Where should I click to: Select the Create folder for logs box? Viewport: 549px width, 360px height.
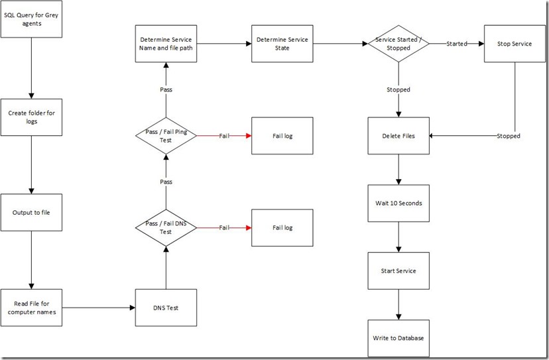coord(31,117)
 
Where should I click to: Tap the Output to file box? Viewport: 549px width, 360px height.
coord(31,212)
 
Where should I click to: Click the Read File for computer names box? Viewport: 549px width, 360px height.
coord(31,308)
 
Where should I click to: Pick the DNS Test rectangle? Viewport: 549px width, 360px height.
coord(166,308)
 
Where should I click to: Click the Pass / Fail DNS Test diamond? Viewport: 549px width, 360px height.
coord(166,227)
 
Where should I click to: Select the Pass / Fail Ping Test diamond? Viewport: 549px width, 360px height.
coord(166,136)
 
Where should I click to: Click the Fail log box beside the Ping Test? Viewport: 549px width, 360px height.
coord(282,136)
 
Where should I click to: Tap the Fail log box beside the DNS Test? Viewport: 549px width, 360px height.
coord(282,227)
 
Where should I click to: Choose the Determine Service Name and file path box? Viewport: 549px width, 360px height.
coord(166,44)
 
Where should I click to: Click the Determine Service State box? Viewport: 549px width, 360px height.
coord(282,44)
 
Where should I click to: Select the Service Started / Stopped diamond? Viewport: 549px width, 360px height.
coord(398,44)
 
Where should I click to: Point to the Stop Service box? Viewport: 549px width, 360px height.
coord(515,44)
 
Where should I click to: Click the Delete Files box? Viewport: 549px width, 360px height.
coord(398,136)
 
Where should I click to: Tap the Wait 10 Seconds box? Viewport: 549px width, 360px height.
coord(398,203)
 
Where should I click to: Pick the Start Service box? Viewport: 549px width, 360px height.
coord(398,270)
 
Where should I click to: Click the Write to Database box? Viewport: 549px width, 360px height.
coord(398,337)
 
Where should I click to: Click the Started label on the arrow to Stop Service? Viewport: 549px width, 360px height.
coord(456,44)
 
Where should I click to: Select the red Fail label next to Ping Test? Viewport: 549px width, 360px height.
coord(225,136)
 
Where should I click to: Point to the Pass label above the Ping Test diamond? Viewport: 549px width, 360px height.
coord(166,89)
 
